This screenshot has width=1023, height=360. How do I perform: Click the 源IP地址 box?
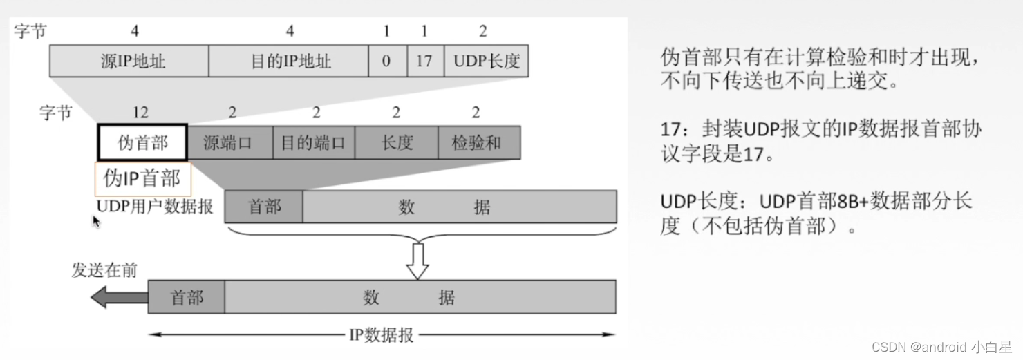click(129, 61)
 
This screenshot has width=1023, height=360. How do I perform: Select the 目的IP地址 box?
click(288, 61)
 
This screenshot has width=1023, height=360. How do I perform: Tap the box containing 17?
click(424, 61)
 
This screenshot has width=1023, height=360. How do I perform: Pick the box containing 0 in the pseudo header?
click(387, 61)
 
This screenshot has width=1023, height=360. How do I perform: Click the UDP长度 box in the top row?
click(486, 61)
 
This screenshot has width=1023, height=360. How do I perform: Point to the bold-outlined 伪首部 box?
click(142, 143)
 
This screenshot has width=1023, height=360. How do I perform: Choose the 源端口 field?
click(229, 143)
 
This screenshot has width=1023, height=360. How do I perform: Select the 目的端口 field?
click(313, 143)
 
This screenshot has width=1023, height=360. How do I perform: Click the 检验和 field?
click(478, 143)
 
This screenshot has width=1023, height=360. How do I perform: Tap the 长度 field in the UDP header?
click(396, 143)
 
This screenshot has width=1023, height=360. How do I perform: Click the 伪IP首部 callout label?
click(142, 179)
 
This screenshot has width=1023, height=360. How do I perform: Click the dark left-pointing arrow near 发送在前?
click(119, 297)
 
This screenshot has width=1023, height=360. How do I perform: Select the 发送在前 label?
click(104, 270)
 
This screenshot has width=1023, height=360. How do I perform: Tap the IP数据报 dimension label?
click(381, 335)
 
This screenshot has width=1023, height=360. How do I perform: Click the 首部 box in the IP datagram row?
click(186, 297)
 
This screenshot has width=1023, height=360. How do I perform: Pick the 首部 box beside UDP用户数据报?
click(263, 207)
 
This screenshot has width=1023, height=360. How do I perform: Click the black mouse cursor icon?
click(96, 221)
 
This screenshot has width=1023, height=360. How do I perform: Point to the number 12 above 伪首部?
click(140, 113)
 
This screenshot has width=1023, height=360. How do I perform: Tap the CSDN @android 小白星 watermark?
click(941, 347)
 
